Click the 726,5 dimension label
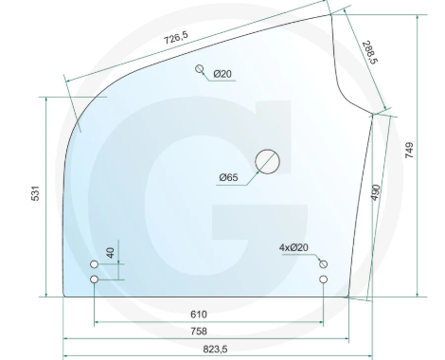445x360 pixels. click(x=176, y=38)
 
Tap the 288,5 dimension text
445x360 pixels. click(x=369, y=52)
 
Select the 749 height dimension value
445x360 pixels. click(x=409, y=150)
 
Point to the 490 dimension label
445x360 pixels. click(x=376, y=192)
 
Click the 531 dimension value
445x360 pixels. click(x=35, y=193)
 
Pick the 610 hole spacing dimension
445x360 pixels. click(x=199, y=315)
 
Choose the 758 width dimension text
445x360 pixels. click(x=199, y=331)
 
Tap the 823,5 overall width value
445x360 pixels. click(x=215, y=350)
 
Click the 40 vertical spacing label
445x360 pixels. click(x=110, y=253)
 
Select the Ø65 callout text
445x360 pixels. click(x=228, y=177)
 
